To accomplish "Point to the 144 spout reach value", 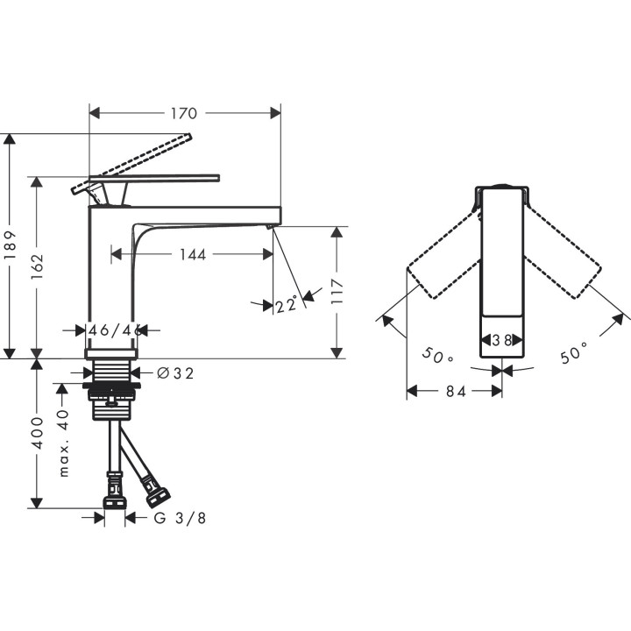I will point(192,254).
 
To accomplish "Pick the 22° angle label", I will point(287,305).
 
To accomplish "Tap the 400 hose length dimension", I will point(38,432).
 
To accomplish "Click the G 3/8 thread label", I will point(180,518).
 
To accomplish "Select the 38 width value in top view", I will point(502,340).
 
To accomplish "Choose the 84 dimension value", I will point(453,392).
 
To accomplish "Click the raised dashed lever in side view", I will point(140,159).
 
